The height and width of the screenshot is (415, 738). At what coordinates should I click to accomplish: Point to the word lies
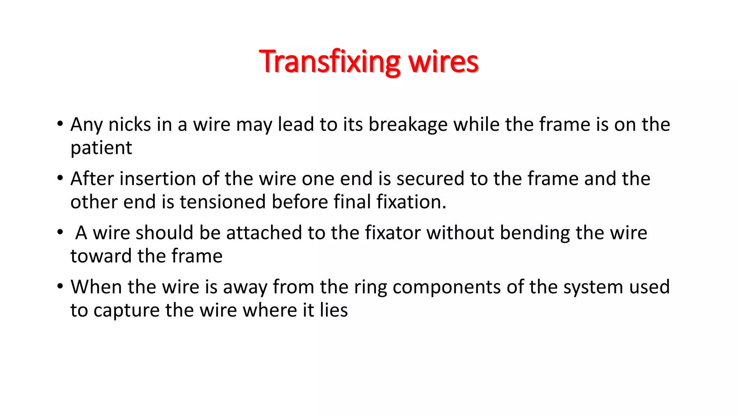click(334, 310)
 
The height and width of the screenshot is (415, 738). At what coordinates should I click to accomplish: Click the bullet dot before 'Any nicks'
click(60, 124)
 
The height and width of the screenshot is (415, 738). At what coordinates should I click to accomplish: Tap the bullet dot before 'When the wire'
click(60, 286)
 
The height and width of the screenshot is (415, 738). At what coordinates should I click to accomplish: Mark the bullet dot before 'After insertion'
click(60, 178)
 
